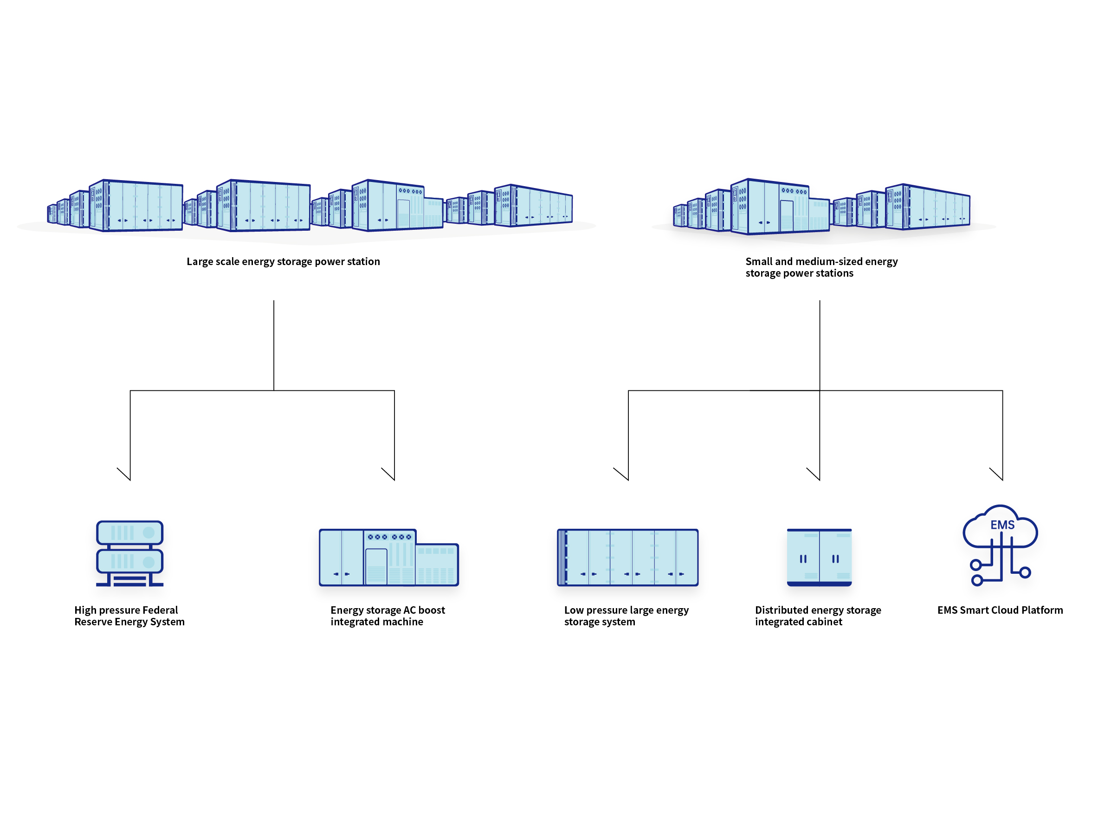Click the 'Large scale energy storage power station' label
click(x=283, y=262)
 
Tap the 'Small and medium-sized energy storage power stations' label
click(x=821, y=267)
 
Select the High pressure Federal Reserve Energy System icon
click(x=129, y=553)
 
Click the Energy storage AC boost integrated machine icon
click(x=389, y=557)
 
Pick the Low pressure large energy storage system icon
click(x=627, y=557)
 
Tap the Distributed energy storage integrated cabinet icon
click(x=819, y=557)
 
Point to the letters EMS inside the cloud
click(x=1002, y=525)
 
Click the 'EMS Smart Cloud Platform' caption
click(x=1000, y=610)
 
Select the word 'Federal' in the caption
click(x=160, y=610)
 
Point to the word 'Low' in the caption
click(x=574, y=610)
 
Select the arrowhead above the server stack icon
click(x=129, y=478)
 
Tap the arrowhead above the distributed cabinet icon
click(x=819, y=478)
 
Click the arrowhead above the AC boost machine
click(x=394, y=478)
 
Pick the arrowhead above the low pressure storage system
click(x=628, y=478)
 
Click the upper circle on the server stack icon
click(x=149, y=533)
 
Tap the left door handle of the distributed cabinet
click(x=803, y=559)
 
